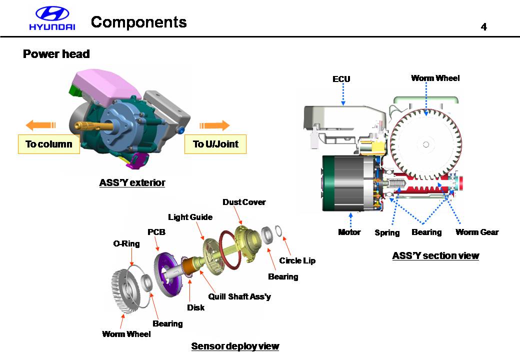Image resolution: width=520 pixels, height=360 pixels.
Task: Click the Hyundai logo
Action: [x=51, y=19]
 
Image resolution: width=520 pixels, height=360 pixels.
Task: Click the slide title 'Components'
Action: [x=139, y=22]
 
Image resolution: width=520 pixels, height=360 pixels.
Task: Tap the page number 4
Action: [x=483, y=27]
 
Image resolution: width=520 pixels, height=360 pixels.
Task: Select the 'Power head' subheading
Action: [x=56, y=54]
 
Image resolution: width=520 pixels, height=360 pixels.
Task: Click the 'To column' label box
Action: [x=49, y=144]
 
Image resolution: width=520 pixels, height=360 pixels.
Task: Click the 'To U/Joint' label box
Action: [x=215, y=144]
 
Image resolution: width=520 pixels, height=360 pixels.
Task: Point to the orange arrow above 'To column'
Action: [x=40, y=125]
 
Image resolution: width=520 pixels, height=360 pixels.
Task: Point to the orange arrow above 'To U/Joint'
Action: [x=214, y=125]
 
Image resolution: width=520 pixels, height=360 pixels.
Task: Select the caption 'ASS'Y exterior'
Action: [x=132, y=183]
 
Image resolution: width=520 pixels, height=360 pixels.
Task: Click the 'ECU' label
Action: [x=341, y=79]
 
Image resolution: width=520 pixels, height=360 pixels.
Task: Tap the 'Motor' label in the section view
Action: [x=349, y=232]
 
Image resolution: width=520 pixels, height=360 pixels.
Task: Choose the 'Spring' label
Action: [x=387, y=232]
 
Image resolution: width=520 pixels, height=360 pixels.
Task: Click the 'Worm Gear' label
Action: [x=477, y=232]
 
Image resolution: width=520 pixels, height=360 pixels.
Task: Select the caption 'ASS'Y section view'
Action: [x=435, y=256]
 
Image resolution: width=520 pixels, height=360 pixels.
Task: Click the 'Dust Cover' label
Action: [x=244, y=202]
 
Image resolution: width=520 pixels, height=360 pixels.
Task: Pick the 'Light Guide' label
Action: [x=190, y=217]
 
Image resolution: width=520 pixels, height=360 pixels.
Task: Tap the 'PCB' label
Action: [x=156, y=232]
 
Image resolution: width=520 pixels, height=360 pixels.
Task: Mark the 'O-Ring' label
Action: [x=126, y=244]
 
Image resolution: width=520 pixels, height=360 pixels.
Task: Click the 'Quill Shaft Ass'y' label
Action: [x=239, y=296]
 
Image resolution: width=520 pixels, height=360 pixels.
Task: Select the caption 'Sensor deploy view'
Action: [x=235, y=346]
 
